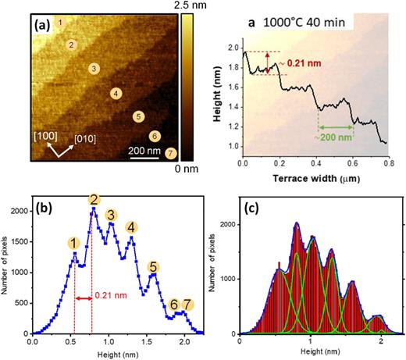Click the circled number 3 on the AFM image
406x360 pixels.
pyautogui.click(x=94, y=70)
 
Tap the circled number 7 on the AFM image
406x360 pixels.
pyautogui.click(x=171, y=151)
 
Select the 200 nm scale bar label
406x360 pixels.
pyautogui.click(x=144, y=140)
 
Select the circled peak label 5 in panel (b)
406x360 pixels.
pyautogui.click(x=153, y=266)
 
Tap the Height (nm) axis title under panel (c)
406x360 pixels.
pyautogui.click(x=311, y=351)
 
